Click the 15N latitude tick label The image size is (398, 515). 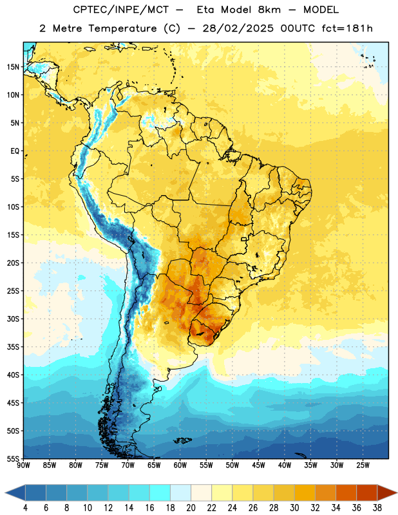click(x=13, y=67)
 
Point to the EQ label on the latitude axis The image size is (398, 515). click(x=15, y=151)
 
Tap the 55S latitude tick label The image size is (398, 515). click(x=13, y=458)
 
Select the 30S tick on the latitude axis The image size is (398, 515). click(x=13, y=319)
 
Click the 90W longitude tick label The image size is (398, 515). click(x=23, y=465)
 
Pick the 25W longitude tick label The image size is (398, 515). click(x=363, y=465)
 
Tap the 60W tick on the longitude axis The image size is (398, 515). click(x=180, y=465)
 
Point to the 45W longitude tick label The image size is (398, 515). click(x=258, y=465)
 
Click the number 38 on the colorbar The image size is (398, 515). click(x=377, y=508)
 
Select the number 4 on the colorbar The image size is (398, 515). click(x=25, y=508)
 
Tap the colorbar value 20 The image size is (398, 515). click(x=191, y=508)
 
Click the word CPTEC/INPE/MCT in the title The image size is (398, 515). click(x=121, y=10)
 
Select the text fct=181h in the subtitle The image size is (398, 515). click(x=347, y=28)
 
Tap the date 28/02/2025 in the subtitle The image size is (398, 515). click(x=238, y=28)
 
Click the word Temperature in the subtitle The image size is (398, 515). click(x=122, y=29)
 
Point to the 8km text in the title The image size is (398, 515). click(x=269, y=10)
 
